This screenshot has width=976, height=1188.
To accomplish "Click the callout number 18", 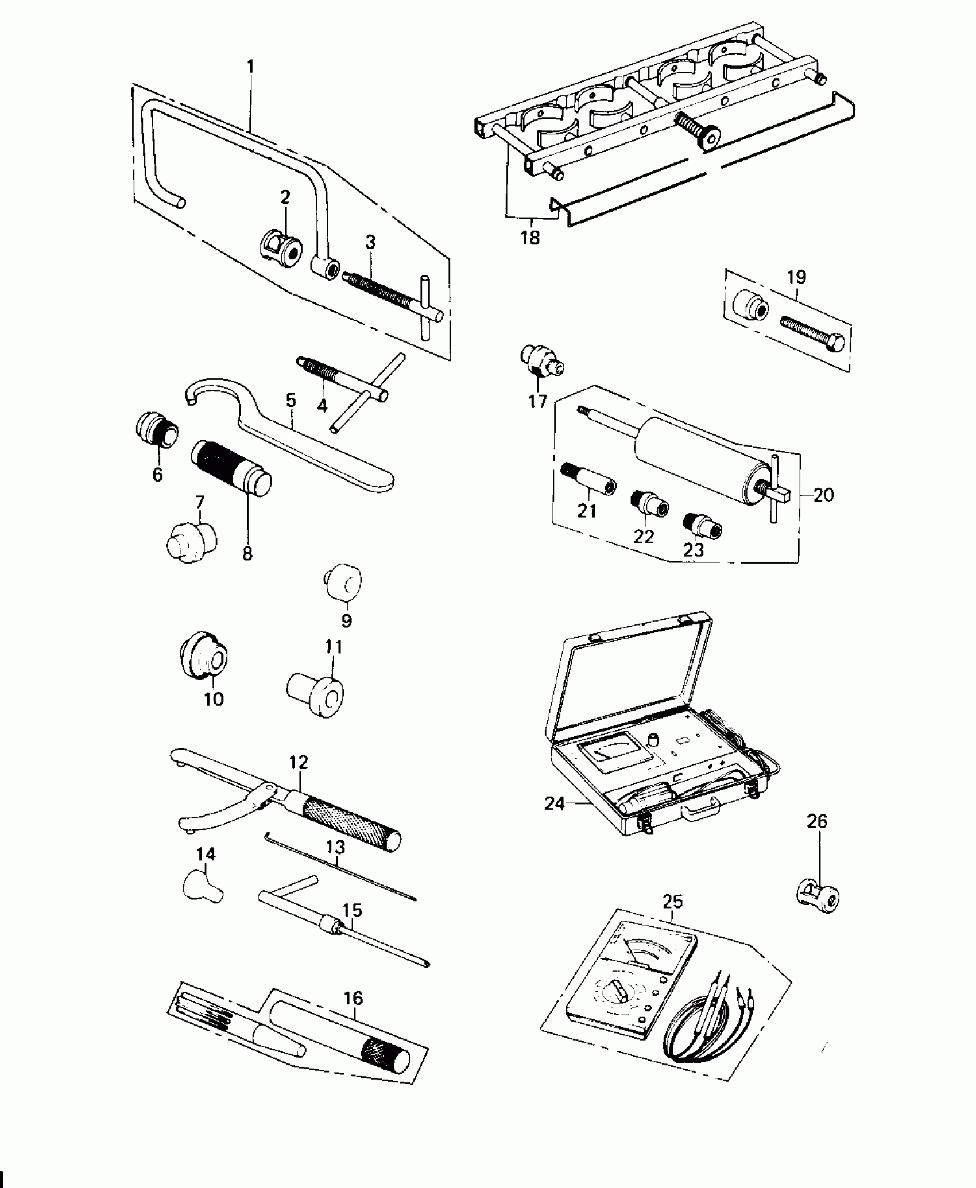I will click(x=530, y=237).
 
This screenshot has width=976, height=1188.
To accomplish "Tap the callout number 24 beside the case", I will click(x=555, y=803).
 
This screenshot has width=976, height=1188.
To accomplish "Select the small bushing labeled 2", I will click(x=278, y=250).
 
